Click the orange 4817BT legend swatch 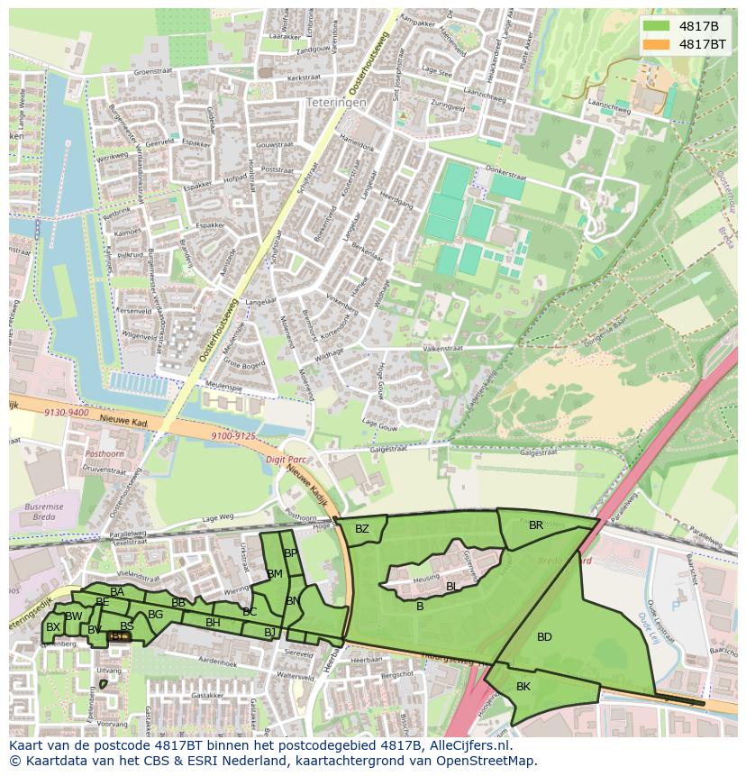click(656, 43)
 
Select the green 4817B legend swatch click(656, 25)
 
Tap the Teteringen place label click(336, 104)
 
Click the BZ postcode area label click(361, 529)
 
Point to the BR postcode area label click(536, 525)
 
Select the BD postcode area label click(544, 637)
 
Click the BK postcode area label click(523, 687)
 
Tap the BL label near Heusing click(451, 586)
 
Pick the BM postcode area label click(275, 574)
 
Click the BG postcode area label click(155, 615)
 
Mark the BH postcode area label click(213, 623)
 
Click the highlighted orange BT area click(119, 637)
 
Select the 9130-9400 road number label click(66, 412)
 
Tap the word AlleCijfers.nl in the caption click(469, 746)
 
